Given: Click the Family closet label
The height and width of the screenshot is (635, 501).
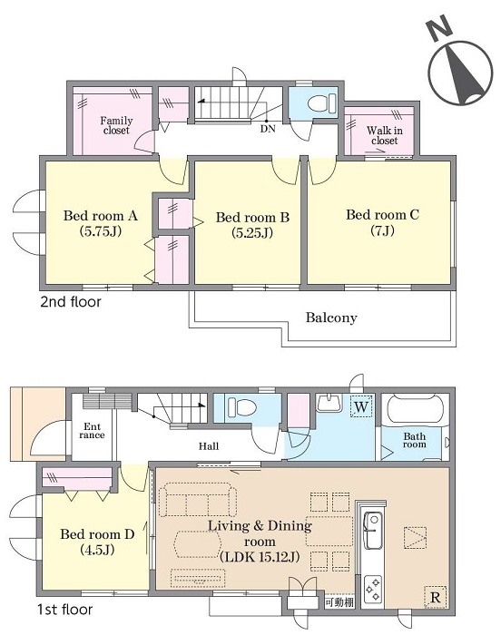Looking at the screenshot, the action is point(116,125).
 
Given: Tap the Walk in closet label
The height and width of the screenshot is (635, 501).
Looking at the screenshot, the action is point(384,136).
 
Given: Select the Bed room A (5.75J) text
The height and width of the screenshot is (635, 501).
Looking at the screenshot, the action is point(101,223).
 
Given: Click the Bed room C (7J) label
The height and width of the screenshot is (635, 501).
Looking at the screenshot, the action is point(382,222).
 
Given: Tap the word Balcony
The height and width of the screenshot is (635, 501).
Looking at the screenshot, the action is point(331,317).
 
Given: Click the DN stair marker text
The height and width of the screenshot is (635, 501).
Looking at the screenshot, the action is point(268,129).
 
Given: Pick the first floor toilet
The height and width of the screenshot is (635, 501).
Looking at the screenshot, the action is point(241,406).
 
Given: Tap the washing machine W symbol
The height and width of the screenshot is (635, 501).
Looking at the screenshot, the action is point(360,406).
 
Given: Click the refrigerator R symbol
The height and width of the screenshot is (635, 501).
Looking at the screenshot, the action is point(435,597).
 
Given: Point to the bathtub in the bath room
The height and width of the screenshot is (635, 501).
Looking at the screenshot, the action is point(415,410).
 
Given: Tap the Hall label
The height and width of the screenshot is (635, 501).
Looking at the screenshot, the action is point(209,446).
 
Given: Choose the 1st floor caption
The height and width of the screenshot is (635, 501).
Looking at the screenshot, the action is point(64,610).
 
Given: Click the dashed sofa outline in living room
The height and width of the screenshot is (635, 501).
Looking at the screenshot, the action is point(197,500).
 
